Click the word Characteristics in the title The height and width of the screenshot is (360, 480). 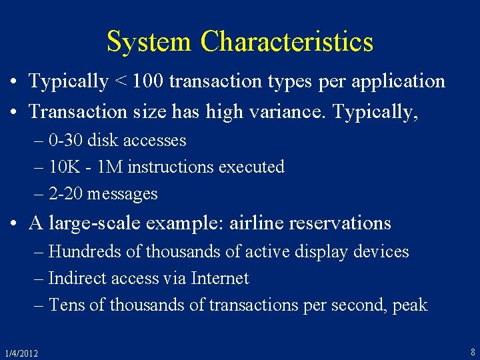(287, 42)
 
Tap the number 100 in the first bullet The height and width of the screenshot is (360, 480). (147, 81)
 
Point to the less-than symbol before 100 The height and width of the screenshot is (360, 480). (121, 81)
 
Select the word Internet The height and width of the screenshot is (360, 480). (219, 278)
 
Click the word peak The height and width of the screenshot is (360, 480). (410, 306)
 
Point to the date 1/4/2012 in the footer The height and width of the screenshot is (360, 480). (21, 353)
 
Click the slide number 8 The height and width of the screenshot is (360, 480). (473, 351)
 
